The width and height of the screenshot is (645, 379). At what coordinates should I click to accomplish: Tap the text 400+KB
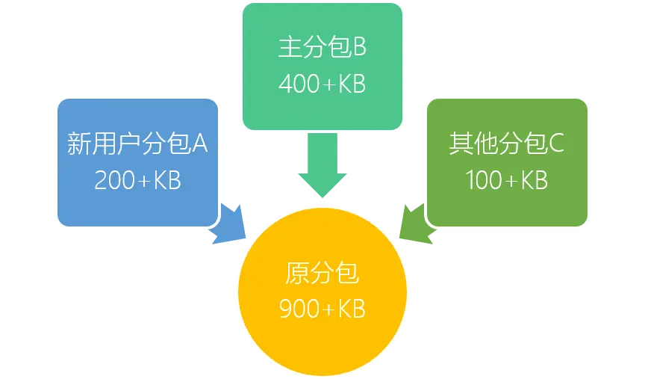pos(322,84)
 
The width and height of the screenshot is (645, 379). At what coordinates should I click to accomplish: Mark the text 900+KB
pos(322,309)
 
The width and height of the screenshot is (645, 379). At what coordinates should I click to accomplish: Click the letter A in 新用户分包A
pos(199,144)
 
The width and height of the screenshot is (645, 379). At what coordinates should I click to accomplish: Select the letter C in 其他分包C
pos(556,144)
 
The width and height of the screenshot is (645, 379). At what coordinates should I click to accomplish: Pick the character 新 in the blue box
pos(79,144)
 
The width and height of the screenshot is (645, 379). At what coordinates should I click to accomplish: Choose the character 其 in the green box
pos(461,144)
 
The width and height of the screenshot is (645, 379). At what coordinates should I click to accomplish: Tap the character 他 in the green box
pos(484,144)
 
